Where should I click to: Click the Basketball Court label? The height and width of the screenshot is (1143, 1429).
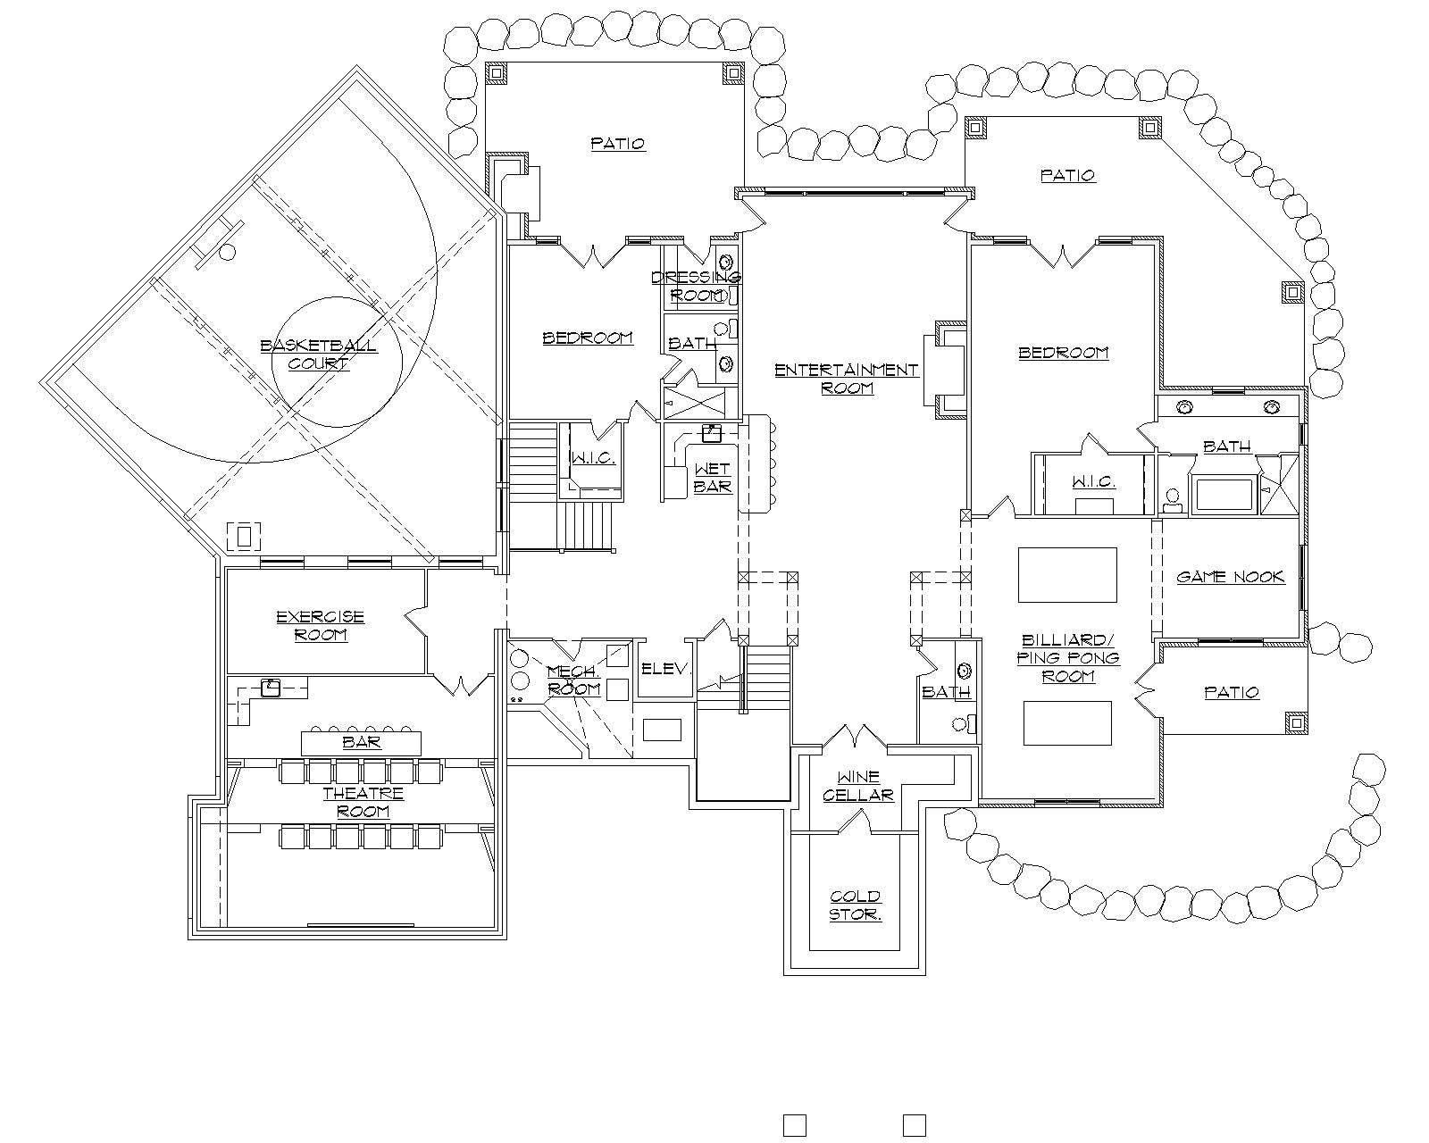pos(318,355)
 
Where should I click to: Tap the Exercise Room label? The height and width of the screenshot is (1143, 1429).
pos(321,625)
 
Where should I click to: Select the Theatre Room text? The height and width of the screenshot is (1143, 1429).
pos(363,802)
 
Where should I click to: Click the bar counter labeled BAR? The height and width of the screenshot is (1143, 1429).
pos(361,742)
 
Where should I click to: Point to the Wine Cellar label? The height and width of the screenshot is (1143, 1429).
pos(857,786)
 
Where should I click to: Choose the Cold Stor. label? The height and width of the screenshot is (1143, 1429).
pos(855,905)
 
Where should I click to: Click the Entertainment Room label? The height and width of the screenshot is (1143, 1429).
pos(846,378)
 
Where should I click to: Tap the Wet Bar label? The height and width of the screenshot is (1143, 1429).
pos(713,478)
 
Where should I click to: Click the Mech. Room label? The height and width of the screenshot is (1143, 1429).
pos(572,680)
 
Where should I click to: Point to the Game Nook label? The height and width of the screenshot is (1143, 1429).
pos(1230,577)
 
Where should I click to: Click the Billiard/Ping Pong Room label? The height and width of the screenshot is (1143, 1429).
pos(1068,658)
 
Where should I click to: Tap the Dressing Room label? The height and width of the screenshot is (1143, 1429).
pos(696,285)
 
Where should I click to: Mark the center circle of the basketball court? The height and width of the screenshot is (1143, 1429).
pos(338,363)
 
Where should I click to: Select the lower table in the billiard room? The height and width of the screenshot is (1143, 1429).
pos(1067,723)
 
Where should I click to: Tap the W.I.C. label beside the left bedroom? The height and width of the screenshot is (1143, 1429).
pos(592,458)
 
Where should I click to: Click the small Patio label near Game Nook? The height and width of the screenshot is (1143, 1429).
pos(1232,692)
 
